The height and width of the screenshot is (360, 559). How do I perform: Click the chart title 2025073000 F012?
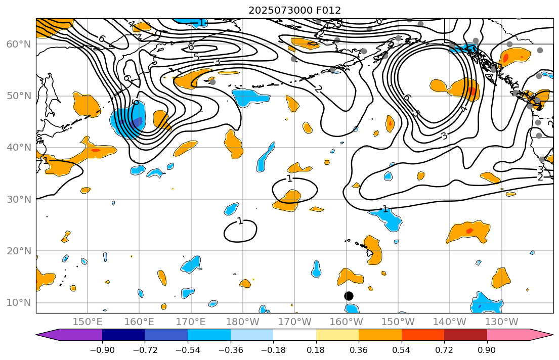click(x=294, y=10)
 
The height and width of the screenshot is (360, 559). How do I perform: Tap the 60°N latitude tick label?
click(x=19, y=44)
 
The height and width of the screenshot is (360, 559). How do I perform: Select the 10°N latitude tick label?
click(x=19, y=303)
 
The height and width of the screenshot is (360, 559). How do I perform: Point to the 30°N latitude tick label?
click(x=19, y=199)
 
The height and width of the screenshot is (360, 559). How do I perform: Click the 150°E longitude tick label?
click(x=88, y=322)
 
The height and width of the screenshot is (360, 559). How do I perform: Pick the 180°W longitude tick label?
click(x=243, y=322)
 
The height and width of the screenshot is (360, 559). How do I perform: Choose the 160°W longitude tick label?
click(x=347, y=322)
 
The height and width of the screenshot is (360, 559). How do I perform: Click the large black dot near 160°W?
click(x=349, y=296)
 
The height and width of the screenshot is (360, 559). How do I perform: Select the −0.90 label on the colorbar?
click(x=102, y=350)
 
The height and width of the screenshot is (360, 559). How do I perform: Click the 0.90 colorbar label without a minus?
click(x=487, y=350)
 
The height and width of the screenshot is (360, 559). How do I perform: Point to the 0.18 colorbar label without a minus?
click(x=316, y=350)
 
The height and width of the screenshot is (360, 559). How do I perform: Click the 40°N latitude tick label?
click(x=19, y=148)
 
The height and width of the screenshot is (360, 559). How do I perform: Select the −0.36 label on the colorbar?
click(x=230, y=350)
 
